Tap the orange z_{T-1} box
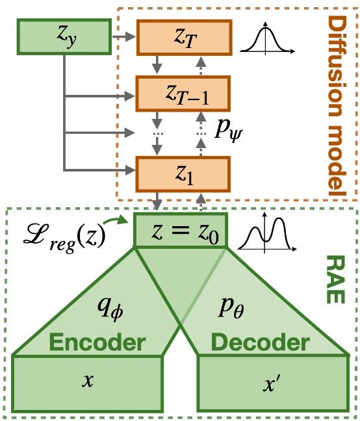point(183,94)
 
